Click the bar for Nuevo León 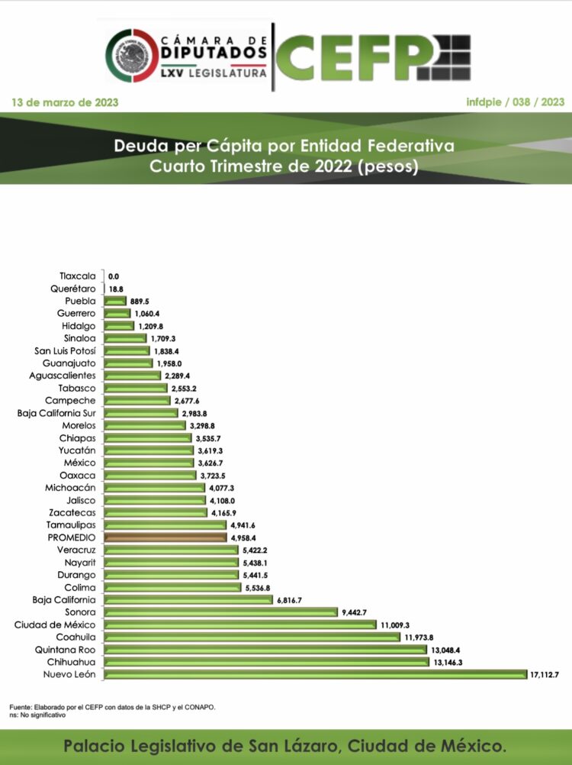tap(314, 674)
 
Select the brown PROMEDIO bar tap(164, 537)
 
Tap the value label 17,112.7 tap(545, 674)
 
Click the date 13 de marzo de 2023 tap(65, 102)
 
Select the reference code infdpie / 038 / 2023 tap(515, 102)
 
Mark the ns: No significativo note tap(38, 715)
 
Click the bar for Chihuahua tap(265, 662)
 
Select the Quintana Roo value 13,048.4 tap(446, 650)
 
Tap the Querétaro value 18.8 tap(117, 289)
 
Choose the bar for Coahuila tap(251, 637)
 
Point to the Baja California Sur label tap(56, 413)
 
